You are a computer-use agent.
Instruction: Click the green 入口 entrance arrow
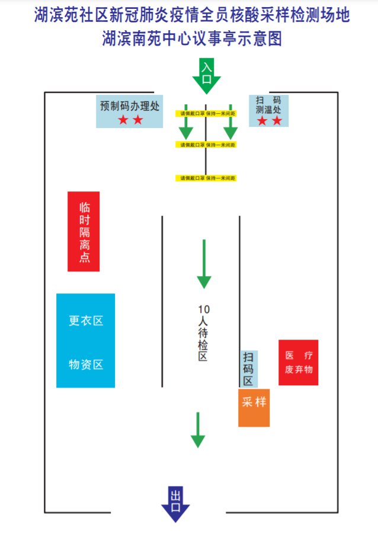[206, 76]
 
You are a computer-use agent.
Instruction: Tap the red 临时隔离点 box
[84, 231]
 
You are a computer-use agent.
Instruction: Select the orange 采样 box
[254, 407]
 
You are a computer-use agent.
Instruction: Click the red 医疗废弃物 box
[298, 363]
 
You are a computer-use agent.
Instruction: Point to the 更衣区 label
[86, 321]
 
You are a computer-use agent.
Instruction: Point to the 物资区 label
[86, 364]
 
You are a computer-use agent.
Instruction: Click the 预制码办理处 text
[130, 105]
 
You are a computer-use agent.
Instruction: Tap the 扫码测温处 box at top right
[268, 110]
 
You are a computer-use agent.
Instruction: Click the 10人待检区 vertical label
[203, 332]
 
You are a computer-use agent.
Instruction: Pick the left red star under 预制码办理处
[123, 120]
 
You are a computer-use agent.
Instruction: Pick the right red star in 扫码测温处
[277, 121]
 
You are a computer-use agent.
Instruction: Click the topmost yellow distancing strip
[206, 113]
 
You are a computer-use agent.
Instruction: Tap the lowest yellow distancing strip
[206, 178]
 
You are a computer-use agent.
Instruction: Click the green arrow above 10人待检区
[204, 264]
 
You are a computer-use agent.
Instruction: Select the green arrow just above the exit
[198, 430]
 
